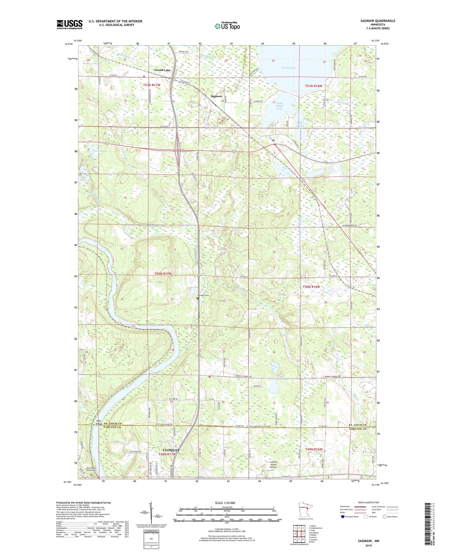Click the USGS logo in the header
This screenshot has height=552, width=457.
click(x=69, y=24)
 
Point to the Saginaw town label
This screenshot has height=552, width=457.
click(x=216, y=96)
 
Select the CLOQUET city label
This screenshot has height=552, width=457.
click(x=171, y=450)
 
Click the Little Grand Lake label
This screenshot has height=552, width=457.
click(x=280, y=106)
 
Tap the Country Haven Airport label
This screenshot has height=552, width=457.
click(x=273, y=464)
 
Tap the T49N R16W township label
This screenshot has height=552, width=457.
click(x=314, y=449)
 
